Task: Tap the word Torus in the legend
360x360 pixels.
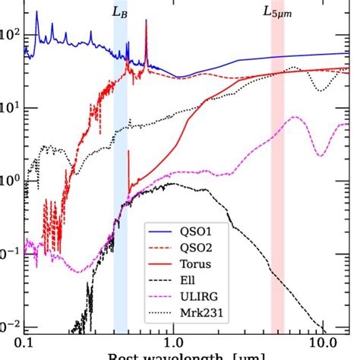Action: click(x=200, y=265)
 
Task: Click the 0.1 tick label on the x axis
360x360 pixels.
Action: click(x=26, y=343)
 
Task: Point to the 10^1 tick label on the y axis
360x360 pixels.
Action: click(x=9, y=108)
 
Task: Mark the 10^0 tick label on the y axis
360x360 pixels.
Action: click(x=9, y=180)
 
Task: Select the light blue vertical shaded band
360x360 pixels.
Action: click(x=120, y=190)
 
